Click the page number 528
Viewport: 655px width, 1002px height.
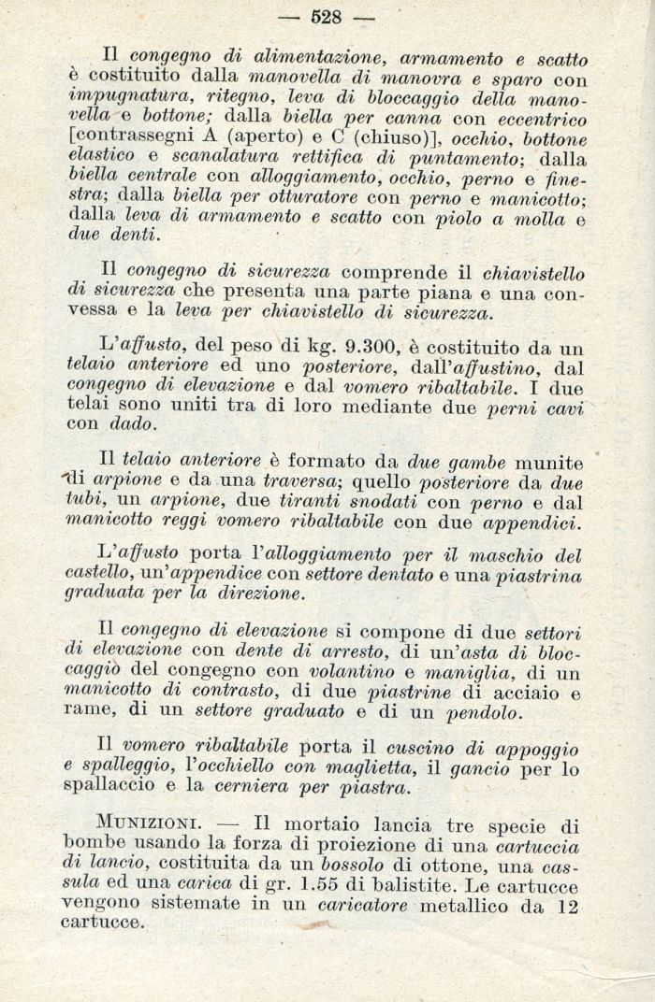[x=326, y=16]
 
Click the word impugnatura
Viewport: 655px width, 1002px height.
[x=119, y=99]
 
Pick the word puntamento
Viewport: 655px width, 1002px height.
[x=444, y=159]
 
